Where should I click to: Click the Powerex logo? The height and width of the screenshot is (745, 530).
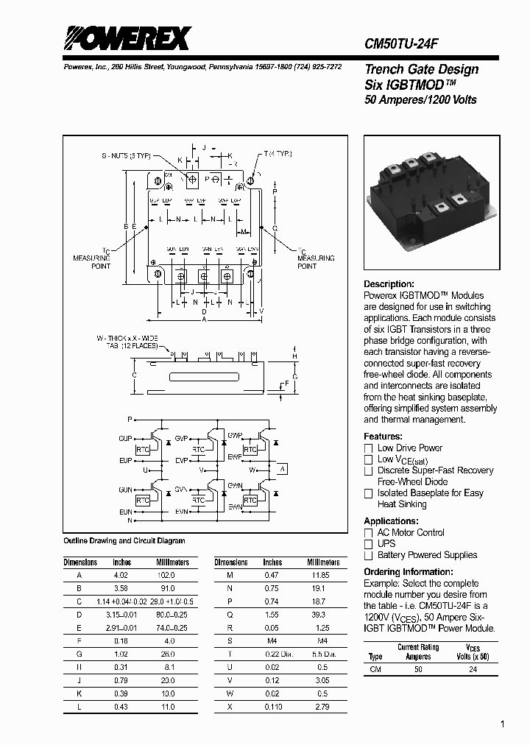(x=127, y=38)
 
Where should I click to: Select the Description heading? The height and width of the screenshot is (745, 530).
(x=389, y=284)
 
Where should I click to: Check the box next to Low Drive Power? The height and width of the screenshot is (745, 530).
(x=369, y=448)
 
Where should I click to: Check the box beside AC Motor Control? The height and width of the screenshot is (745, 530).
(x=369, y=532)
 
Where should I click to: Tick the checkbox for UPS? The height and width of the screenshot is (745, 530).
(x=369, y=544)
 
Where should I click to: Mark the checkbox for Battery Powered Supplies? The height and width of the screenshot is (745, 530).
(x=369, y=555)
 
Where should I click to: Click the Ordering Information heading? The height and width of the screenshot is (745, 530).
(x=409, y=572)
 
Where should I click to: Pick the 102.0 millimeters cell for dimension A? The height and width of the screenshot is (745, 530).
(x=167, y=575)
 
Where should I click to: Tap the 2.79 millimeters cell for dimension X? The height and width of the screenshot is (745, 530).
(x=318, y=707)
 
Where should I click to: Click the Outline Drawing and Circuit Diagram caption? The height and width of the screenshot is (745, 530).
(x=124, y=541)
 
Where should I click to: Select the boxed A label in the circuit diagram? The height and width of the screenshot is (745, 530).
(x=281, y=470)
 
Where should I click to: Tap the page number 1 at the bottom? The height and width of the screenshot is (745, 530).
(x=502, y=725)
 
